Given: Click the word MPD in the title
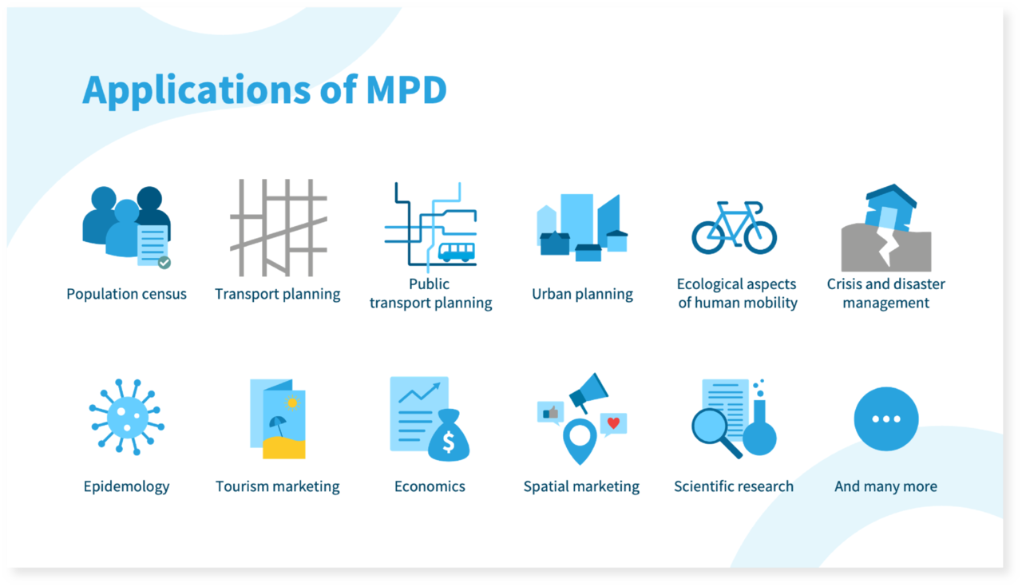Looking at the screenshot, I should point(406,90).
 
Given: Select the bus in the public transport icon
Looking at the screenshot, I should point(456,252).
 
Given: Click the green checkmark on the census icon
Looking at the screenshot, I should point(164,262).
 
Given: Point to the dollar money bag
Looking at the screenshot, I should point(449,436).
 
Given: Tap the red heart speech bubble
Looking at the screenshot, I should point(613,423).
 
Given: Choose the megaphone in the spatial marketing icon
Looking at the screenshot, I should point(589,391).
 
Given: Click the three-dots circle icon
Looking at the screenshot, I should point(885,419).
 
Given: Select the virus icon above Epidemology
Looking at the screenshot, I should point(126,417).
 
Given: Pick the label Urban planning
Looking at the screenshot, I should point(582,294).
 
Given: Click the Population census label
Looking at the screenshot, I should point(126,294).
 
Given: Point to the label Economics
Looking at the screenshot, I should point(430,486).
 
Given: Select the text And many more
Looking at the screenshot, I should point(885,486).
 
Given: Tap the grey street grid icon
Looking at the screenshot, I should point(278,228).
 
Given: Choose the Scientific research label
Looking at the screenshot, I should point(734,486).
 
